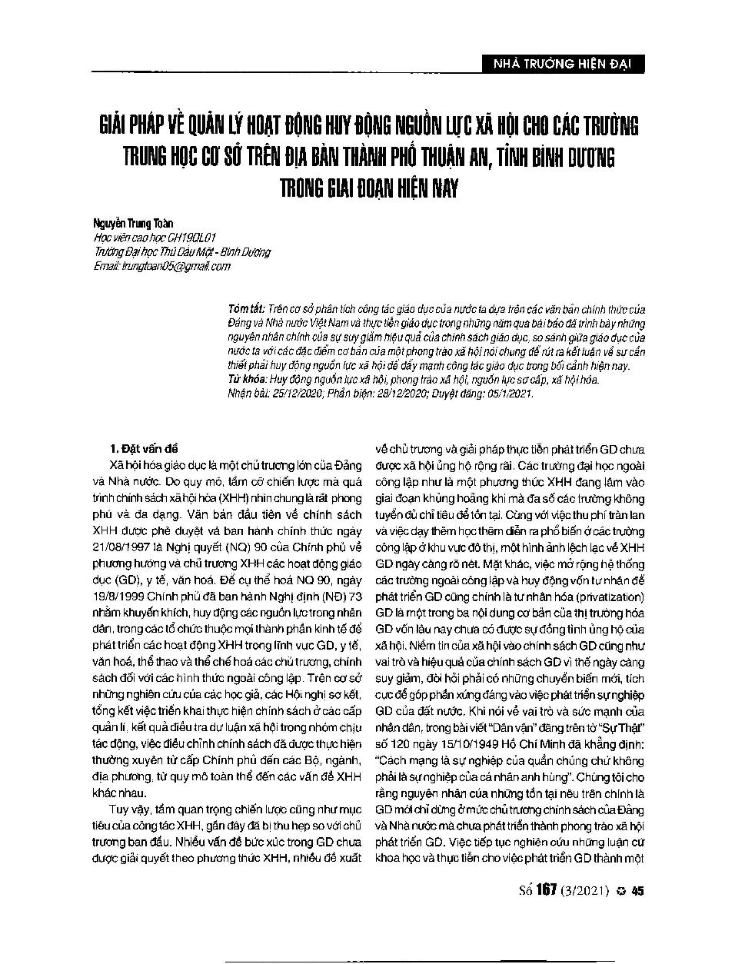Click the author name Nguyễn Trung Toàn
(x=122, y=223)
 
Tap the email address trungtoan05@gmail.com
(x=172, y=266)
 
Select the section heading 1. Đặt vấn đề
(x=144, y=449)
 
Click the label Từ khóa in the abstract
(x=245, y=379)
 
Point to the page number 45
(x=637, y=892)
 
